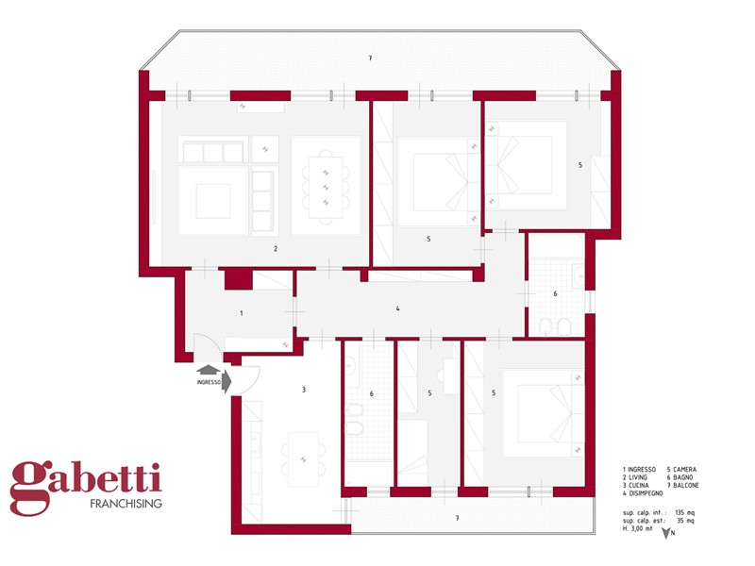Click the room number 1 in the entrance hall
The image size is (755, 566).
click(242, 313)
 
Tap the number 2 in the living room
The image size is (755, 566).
click(276, 249)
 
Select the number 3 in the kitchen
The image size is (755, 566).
click(303, 390)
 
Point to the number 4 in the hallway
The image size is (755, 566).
click(397, 308)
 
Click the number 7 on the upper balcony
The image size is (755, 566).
click(370, 58)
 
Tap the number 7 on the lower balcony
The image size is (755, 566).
click(457, 518)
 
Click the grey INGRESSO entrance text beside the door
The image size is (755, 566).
click(209, 382)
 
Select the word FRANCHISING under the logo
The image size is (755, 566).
click(126, 504)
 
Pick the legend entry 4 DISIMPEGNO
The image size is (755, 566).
click(643, 493)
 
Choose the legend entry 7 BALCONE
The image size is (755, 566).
click(682, 485)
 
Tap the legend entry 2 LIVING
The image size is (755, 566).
click(634, 477)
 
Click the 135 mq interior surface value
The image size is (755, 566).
click(685, 512)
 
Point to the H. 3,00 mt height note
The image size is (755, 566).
click(638, 528)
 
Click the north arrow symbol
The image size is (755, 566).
click(667, 533)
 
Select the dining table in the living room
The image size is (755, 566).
click(326, 187)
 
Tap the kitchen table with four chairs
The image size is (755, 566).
click(303, 459)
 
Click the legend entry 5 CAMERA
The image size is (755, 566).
click(681, 469)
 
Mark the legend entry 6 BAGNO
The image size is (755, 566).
click(679, 477)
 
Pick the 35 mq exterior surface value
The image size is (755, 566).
click(686, 521)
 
